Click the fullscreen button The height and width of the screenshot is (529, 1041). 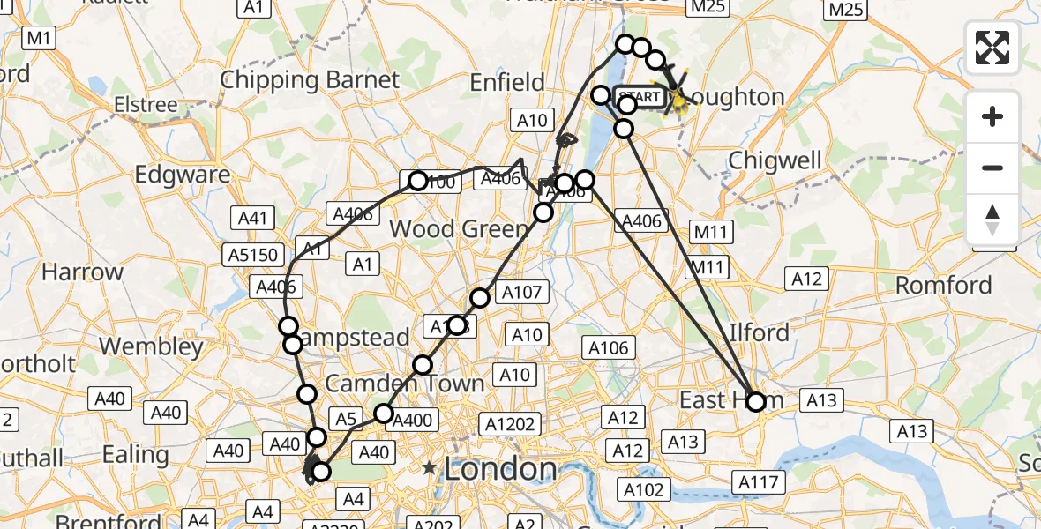tap(992, 48)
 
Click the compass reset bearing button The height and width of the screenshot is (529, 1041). tap(992, 220)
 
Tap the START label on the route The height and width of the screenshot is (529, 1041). tap(640, 96)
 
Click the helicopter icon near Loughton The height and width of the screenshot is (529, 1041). tap(678, 95)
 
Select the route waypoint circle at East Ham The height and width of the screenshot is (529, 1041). tap(756, 402)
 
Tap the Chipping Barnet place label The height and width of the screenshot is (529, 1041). tap(309, 79)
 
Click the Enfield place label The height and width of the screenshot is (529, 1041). tap(506, 83)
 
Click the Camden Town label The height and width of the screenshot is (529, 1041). tap(405, 384)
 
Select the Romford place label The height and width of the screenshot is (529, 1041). tap(943, 285)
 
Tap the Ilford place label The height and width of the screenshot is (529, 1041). tap(759, 333)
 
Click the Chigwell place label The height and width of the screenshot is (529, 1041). tap(775, 161)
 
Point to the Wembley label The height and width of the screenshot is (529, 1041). tap(152, 346)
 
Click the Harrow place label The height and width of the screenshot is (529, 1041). tap(82, 272)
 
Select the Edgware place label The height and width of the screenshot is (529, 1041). tap(183, 174)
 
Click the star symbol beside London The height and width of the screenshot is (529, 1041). tap(430, 468)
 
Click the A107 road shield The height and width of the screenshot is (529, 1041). tap(524, 292)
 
